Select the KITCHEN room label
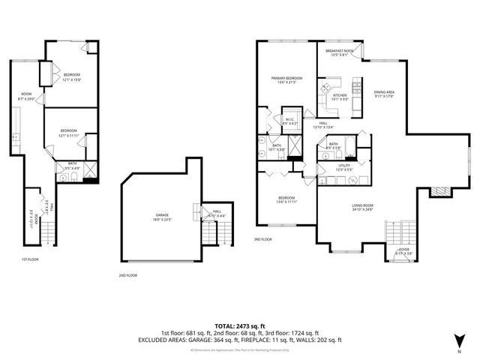(340, 97)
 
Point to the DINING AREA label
(383, 94)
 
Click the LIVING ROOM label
(363, 206)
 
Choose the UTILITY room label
(344, 167)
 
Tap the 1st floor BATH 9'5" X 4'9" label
(73, 166)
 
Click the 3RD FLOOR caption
(262, 240)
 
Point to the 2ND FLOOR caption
(127, 275)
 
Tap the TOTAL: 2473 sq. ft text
(239, 325)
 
